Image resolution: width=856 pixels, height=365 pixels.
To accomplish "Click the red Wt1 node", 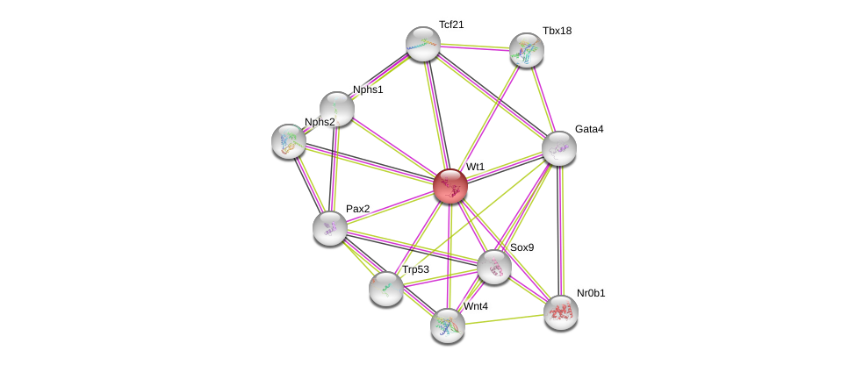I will (450, 186).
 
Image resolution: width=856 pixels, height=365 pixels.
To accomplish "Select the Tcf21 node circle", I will (423, 44).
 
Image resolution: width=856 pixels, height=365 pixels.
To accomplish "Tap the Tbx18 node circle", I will (527, 50).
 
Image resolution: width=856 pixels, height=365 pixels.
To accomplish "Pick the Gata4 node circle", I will (559, 148).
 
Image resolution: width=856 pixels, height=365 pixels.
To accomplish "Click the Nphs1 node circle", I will (337, 109).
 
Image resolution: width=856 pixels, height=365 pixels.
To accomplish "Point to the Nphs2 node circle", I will (289, 141).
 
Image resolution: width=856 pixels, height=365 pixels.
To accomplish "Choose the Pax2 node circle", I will (330, 228).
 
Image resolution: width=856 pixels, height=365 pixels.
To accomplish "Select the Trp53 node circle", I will (386, 289).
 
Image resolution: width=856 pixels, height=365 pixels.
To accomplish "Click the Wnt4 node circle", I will (448, 326).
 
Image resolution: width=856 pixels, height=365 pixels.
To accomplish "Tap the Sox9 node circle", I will (494, 267).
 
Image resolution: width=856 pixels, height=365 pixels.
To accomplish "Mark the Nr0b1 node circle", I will (561, 312).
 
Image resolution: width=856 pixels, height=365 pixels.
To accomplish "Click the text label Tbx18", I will (557, 31).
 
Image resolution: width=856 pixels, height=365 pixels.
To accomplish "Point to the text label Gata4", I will (588, 129).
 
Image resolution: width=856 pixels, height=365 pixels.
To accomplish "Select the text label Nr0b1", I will (590, 293).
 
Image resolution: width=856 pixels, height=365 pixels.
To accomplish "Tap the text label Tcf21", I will (451, 25).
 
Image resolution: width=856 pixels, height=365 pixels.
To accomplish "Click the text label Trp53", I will (415, 269).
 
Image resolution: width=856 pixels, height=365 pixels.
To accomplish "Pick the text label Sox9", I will (522, 247).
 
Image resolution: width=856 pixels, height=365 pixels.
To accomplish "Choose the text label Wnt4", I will (476, 306).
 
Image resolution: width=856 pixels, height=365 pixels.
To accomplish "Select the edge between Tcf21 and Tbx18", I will (475, 47).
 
